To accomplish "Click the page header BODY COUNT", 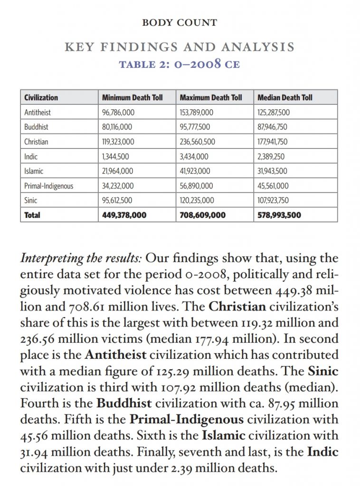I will click(180, 22).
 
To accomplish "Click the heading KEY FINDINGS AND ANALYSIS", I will click(180, 47).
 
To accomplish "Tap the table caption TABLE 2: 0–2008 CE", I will click(180, 64).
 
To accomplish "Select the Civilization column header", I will click(41, 98).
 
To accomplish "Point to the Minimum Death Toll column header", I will click(133, 98).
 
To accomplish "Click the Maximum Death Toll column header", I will click(211, 98).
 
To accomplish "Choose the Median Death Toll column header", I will click(285, 98).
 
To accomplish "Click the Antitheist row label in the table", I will click(38, 112).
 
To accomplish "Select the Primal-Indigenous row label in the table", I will click(49, 186).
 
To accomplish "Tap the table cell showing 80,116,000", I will click(117, 127).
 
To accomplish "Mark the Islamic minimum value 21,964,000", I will click(118, 171).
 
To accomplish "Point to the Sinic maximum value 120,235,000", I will click(197, 200).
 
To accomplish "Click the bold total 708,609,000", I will click(203, 215).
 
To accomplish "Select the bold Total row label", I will click(32, 215).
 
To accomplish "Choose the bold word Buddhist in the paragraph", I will click(124, 403).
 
